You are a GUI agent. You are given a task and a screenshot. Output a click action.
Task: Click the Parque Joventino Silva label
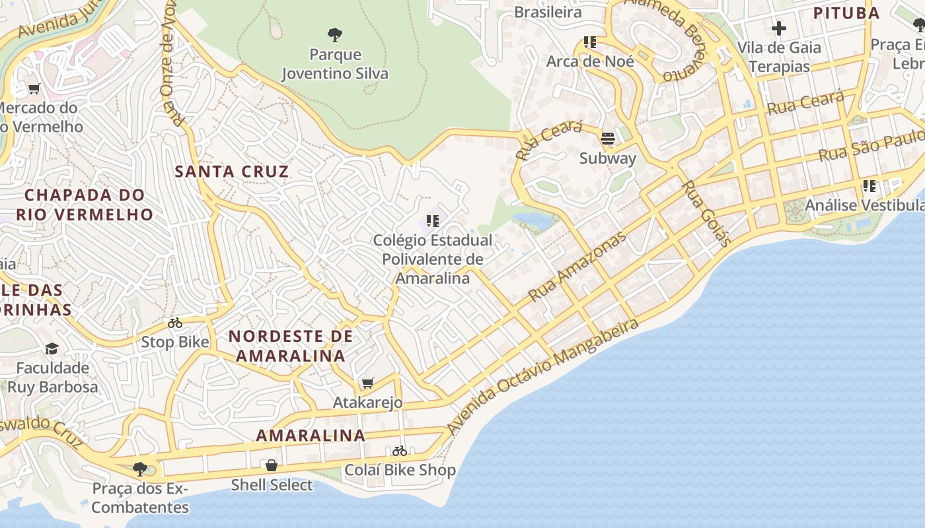tap(335, 64)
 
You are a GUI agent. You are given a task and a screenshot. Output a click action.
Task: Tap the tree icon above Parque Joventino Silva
tap(335, 34)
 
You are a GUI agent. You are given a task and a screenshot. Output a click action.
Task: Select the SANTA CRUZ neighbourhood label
tap(231, 172)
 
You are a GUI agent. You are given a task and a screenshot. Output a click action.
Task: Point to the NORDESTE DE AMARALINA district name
tap(291, 346)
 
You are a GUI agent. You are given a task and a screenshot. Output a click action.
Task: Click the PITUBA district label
tap(846, 13)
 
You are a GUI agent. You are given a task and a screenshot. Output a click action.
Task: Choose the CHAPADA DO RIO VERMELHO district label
tap(85, 205)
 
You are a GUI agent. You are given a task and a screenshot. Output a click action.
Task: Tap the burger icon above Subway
tap(607, 139)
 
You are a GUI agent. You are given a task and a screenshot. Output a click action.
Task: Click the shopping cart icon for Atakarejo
tap(368, 383)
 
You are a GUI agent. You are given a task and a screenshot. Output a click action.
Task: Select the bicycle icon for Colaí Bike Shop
tap(400, 451)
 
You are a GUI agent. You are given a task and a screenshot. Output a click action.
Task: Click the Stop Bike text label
tap(175, 342)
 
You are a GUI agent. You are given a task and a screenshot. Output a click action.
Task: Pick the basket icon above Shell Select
tap(271, 466)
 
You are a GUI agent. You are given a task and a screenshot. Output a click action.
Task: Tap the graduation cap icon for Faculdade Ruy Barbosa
tap(52, 348)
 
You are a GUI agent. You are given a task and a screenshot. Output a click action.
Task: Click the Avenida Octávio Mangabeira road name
tap(543, 377)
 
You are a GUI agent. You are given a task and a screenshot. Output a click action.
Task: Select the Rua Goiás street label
tap(706, 213)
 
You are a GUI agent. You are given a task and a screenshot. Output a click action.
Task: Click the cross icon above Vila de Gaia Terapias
tap(779, 28)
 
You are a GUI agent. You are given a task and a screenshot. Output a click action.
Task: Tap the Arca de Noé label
tap(590, 61)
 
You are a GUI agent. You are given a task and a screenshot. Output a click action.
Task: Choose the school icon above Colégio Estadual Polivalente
tap(433, 221)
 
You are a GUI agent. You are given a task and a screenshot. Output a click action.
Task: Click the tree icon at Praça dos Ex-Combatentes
tap(139, 469)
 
